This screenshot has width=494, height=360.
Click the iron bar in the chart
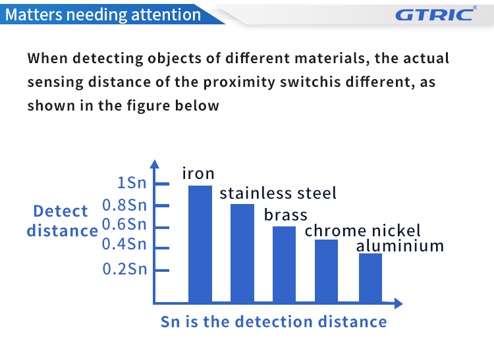point(200,244)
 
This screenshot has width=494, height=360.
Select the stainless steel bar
point(242,253)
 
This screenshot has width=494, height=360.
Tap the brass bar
point(284,265)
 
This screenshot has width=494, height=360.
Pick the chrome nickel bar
point(327,271)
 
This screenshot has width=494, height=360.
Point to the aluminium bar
point(370,278)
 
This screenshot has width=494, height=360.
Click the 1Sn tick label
point(132,182)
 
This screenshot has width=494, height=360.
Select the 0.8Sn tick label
point(124,205)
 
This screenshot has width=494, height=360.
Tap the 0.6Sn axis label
point(124,224)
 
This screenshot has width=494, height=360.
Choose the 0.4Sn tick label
point(124,244)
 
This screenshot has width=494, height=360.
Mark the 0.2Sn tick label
point(124,269)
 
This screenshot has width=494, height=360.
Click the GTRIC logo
point(436,14)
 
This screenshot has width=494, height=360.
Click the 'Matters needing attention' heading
point(103,14)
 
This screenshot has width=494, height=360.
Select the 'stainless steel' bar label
point(278,193)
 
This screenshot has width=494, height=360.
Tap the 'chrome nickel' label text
point(363,230)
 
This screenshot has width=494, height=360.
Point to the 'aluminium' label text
point(400,245)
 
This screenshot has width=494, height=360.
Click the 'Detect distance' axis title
point(62,221)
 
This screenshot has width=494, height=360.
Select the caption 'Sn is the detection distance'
point(274,322)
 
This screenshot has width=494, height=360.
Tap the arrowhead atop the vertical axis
point(154,164)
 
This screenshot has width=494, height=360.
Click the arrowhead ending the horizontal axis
point(398,303)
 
